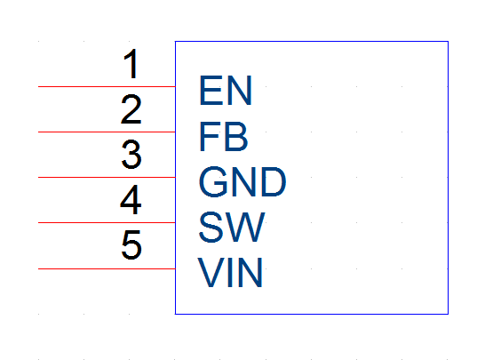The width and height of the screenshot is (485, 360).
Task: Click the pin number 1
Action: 131,64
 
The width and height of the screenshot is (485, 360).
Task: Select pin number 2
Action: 131,109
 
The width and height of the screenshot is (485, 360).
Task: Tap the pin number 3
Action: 131,155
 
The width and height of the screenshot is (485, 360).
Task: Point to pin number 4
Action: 131,200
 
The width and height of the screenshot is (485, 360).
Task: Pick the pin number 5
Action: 131,244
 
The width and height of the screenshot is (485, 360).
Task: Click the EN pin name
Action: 226,91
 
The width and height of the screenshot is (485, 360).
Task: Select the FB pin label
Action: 223,136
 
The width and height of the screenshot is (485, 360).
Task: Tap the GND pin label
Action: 242,181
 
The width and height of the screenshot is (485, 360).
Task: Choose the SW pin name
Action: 232,228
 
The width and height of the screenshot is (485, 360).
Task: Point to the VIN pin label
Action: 230,273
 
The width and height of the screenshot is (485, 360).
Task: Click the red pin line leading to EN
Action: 107,87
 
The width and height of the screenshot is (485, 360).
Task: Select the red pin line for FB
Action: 107,132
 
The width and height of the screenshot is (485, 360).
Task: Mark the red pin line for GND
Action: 107,178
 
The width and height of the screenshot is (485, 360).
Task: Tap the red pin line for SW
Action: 107,222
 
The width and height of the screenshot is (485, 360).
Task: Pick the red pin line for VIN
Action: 107,268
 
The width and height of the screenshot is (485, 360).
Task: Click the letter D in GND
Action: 274,181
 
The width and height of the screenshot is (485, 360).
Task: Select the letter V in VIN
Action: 211,273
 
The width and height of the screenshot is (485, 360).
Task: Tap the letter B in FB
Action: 235,136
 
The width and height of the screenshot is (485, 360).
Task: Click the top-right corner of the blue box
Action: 449,41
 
